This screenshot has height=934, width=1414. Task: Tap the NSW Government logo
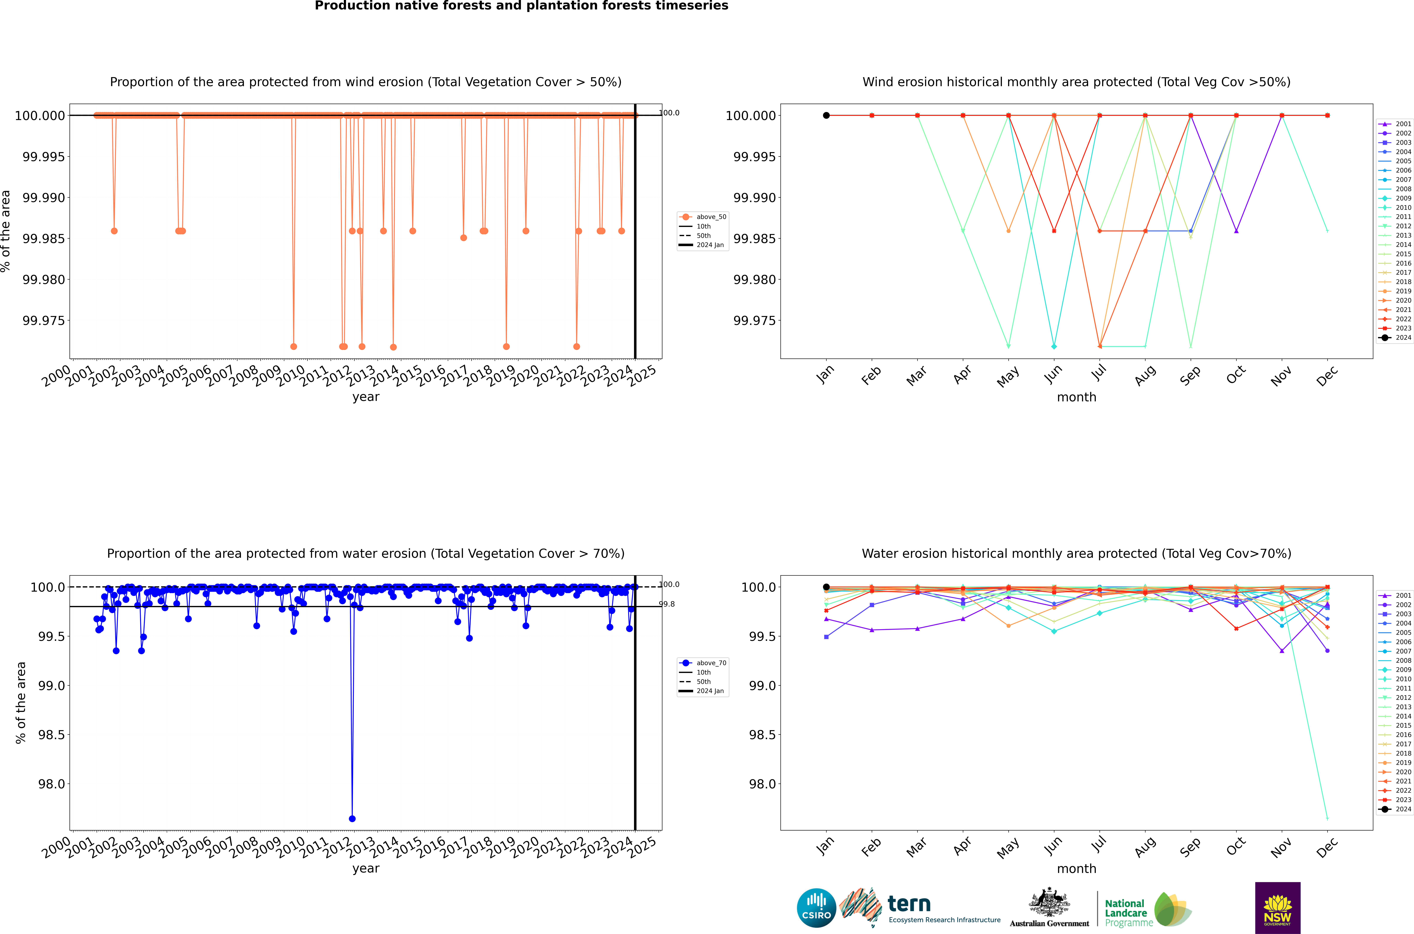1278,908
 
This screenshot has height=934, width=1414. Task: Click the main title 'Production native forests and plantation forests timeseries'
521,6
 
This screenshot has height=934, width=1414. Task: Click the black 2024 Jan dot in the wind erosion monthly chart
826,116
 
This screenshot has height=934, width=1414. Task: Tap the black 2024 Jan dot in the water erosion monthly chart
826,587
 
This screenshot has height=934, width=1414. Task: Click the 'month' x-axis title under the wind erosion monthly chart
1076,397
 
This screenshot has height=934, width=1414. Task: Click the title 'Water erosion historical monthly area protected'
1076,553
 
